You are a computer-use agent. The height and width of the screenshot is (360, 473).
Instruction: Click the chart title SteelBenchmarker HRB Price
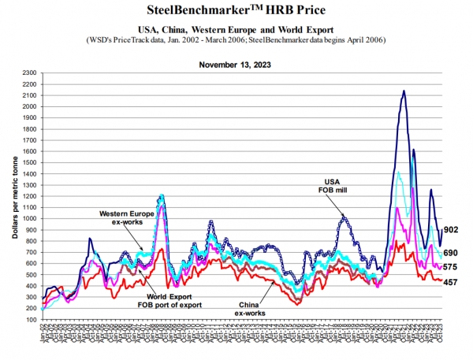point(236,10)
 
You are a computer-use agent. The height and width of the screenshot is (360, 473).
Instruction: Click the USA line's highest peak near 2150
point(404,91)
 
